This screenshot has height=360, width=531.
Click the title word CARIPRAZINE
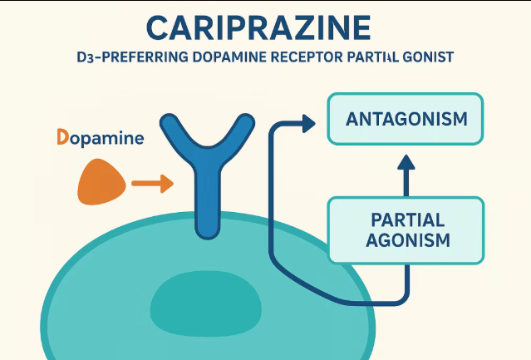tap(258, 28)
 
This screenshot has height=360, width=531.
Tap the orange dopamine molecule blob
tap(101, 181)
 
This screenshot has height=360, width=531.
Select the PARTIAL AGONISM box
tap(406, 230)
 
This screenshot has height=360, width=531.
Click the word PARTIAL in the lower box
tap(406, 220)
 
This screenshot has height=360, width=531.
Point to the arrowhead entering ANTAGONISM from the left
tap(308, 123)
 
